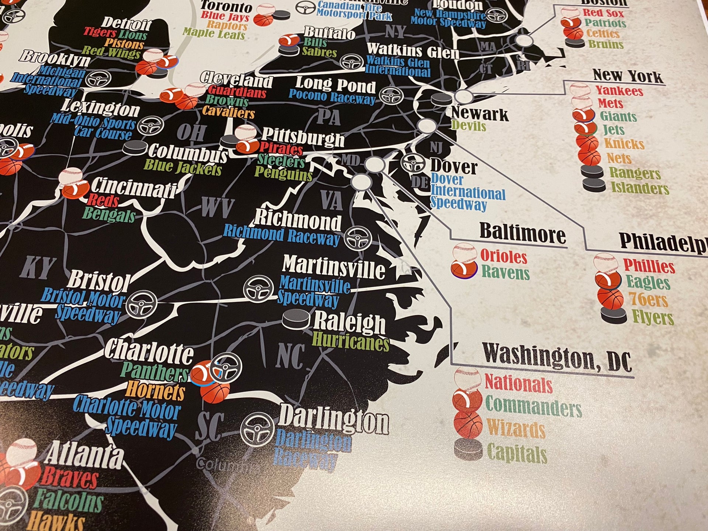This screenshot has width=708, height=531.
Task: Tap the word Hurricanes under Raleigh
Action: click(x=351, y=342)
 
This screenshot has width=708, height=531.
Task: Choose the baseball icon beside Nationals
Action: click(x=467, y=380)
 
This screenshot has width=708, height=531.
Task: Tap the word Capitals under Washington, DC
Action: click(x=517, y=454)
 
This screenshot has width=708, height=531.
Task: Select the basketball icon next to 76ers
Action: click(x=610, y=298)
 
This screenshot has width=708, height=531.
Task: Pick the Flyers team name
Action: click(x=653, y=317)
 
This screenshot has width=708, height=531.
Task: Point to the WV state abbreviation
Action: click(x=218, y=207)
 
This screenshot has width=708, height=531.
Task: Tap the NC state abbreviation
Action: click(x=291, y=355)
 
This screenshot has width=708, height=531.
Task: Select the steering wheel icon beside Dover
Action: click(x=413, y=163)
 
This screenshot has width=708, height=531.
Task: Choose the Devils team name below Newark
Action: click(x=469, y=126)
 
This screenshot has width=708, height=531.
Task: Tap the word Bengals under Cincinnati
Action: click(x=109, y=214)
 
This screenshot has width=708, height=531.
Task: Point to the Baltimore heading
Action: click(x=523, y=233)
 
